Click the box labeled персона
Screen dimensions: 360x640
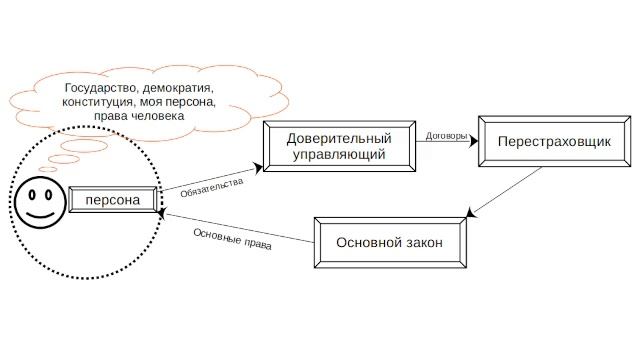pos(112,201)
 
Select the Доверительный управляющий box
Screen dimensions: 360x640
pos(337,147)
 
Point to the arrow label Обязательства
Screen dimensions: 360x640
pos(212,182)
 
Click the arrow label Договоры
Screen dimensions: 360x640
pos(446,136)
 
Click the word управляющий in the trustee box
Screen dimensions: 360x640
pos(337,156)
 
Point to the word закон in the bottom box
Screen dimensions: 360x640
pos(420,243)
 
